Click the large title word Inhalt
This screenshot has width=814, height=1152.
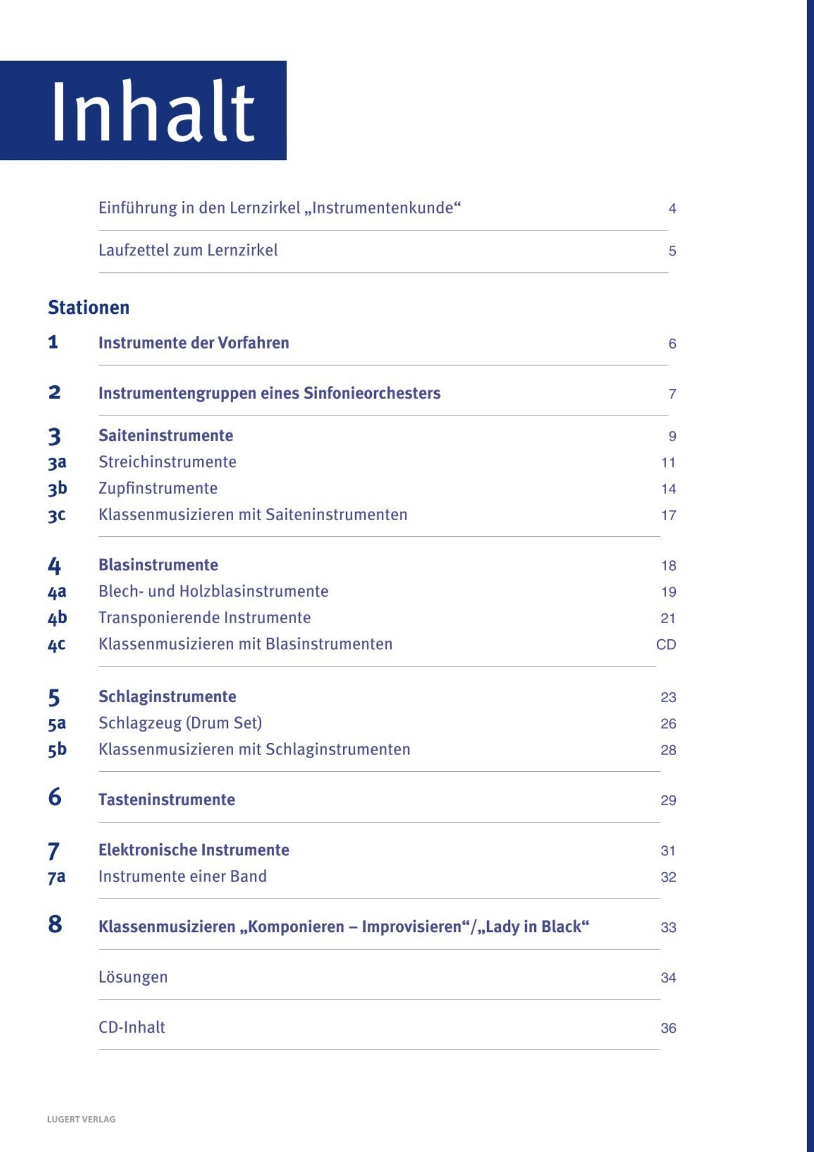click(153, 111)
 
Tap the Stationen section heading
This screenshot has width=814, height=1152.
click(89, 308)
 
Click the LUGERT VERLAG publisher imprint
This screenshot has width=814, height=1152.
click(81, 1119)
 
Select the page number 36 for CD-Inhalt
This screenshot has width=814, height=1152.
click(668, 1028)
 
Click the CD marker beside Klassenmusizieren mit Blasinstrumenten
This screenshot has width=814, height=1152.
click(665, 645)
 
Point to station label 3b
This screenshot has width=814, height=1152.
click(57, 488)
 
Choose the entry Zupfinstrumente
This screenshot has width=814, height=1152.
click(158, 488)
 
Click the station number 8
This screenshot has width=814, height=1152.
click(55, 924)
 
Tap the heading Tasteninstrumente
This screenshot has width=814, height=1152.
click(166, 799)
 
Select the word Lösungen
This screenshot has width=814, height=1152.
click(133, 977)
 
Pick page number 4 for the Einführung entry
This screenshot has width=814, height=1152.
click(672, 209)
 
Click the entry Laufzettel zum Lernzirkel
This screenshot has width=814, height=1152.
click(188, 250)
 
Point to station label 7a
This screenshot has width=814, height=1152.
click(56, 877)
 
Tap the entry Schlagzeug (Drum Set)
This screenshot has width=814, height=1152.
click(180, 723)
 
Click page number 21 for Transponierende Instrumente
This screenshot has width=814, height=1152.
click(668, 618)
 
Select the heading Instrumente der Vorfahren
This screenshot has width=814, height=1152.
click(193, 343)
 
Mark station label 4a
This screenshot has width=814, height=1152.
click(57, 592)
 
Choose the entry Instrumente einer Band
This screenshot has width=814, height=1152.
click(182, 876)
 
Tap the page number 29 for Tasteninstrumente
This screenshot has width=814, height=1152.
click(668, 800)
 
